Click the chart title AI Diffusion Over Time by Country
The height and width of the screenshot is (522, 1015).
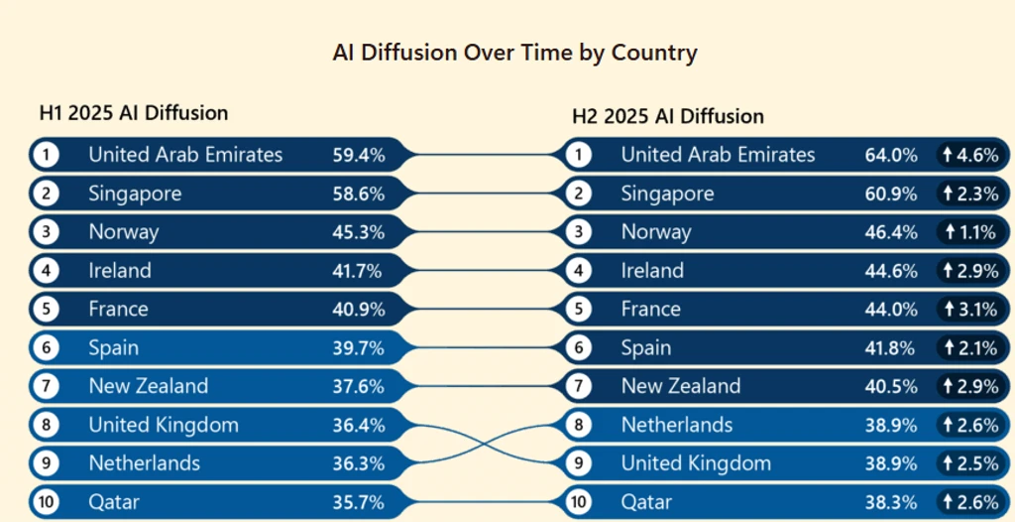[514, 54]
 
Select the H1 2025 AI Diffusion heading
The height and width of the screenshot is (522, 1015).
[134, 113]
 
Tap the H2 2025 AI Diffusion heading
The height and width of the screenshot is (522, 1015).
[668, 116]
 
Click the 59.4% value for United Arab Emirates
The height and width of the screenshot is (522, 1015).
[359, 155]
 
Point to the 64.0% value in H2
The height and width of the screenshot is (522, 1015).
[891, 155]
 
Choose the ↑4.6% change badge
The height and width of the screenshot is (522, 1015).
[971, 155]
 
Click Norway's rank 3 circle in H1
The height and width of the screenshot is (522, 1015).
[46, 232]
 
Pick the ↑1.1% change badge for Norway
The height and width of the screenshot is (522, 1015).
[971, 232]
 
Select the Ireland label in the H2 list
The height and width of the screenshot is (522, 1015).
[652, 270]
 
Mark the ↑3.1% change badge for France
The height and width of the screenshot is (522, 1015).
[971, 310]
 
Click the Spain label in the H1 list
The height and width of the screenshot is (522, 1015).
[113, 348]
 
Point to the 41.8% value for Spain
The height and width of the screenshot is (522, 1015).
[891, 348]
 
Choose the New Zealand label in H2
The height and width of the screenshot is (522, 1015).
[680, 386]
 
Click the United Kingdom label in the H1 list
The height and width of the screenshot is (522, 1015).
[164, 426]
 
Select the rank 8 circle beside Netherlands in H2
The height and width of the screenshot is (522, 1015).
[578, 426]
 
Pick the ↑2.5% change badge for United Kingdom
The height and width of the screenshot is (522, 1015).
[971, 463]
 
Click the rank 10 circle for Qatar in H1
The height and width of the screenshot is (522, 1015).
[46, 502]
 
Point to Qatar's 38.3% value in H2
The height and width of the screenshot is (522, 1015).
[891, 502]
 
